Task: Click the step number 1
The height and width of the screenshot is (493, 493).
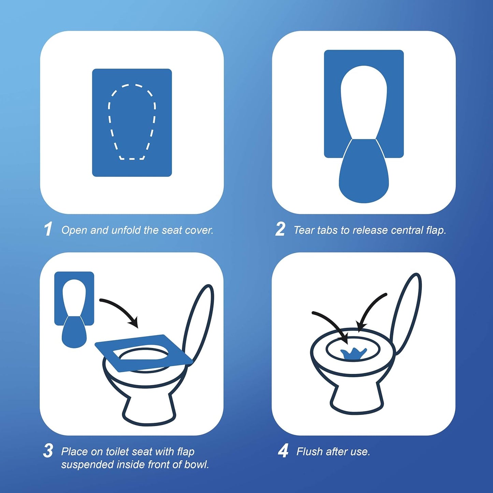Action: pyautogui.click(x=48, y=229)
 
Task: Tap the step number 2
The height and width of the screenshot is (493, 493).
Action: pyautogui.click(x=280, y=229)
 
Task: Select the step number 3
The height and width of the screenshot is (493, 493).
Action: pyautogui.click(x=48, y=451)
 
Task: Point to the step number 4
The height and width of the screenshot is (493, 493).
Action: pyautogui.click(x=283, y=451)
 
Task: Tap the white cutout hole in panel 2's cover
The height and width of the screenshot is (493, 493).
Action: pyautogui.click(x=364, y=99)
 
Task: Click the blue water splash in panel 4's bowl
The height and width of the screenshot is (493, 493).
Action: pyautogui.click(x=353, y=353)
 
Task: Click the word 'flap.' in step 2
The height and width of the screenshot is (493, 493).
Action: pyautogui.click(x=436, y=230)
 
